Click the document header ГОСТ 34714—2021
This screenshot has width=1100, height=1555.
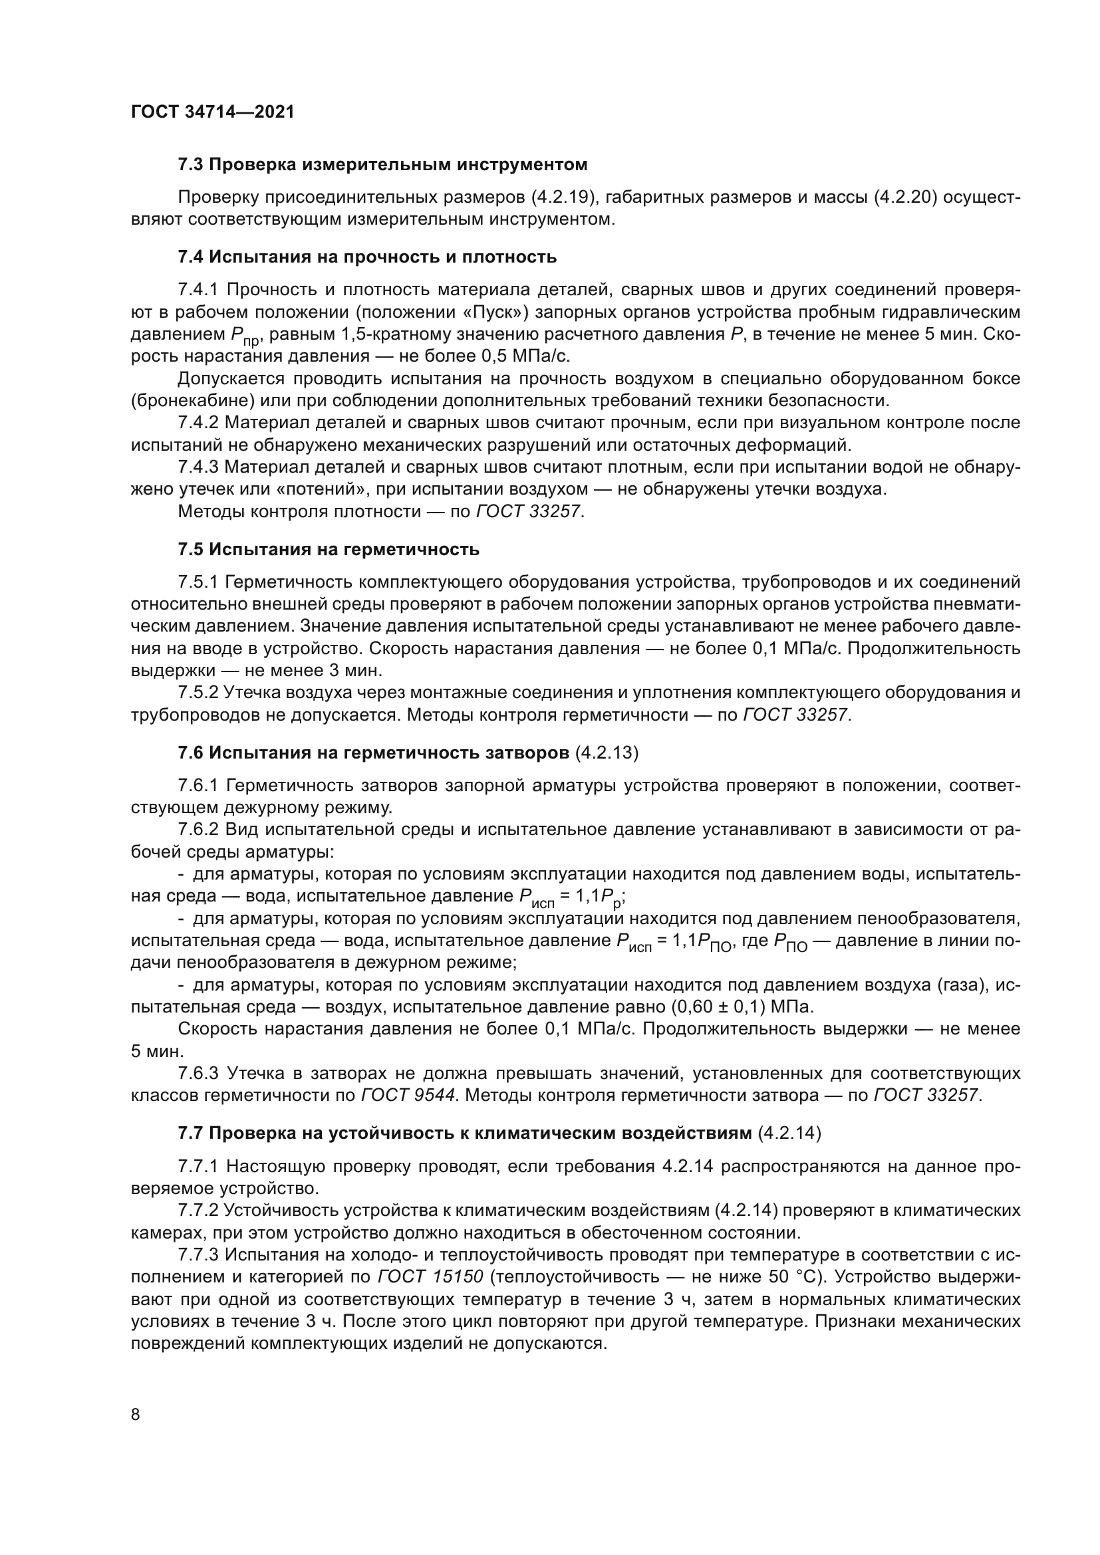click(x=213, y=112)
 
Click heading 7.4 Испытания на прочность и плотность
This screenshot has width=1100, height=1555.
click(x=367, y=257)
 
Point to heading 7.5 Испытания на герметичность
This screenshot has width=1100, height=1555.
click(x=329, y=549)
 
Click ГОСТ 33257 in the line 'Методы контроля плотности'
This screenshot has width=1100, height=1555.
click(x=529, y=511)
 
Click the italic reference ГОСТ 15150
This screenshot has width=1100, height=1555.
click(x=430, y=1277)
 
